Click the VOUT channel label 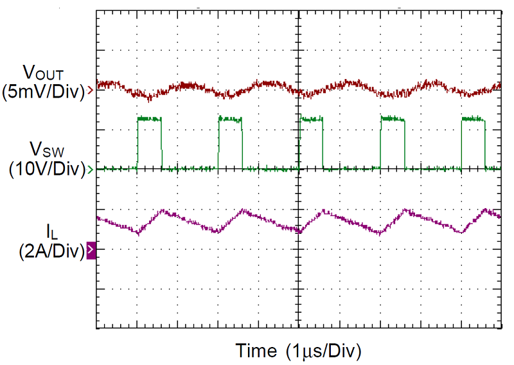[x=42, y=71]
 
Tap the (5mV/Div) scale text [x=43, y=91]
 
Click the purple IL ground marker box [x=91, y=249]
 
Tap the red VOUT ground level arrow [x=91, y=91]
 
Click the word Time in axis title [x=257, y=351]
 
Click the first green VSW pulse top [x=150, y=119]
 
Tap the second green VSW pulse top [x=231, y=119]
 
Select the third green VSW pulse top [x=311, y=119]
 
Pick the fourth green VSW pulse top [x=392, y=119]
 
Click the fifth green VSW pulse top [x=473, y=119]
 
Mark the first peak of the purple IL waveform [x=164, y=211]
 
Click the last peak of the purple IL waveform [x=486, y=210]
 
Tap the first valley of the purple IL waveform [x=137, y=233]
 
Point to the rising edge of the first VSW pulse [x=137, y=145]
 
